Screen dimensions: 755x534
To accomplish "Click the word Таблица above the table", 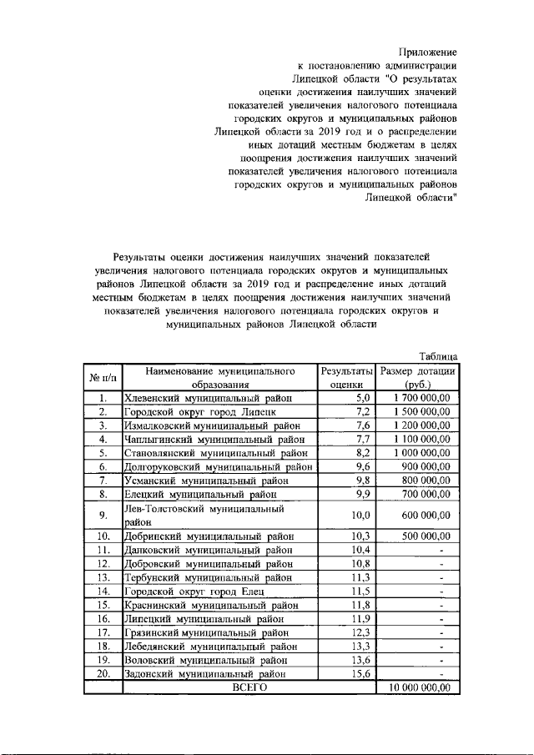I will [x=438, y=356].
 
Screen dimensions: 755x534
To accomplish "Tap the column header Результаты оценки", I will [x=346, y=377].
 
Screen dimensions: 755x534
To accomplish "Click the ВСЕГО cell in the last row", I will [x=248, y=687].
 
